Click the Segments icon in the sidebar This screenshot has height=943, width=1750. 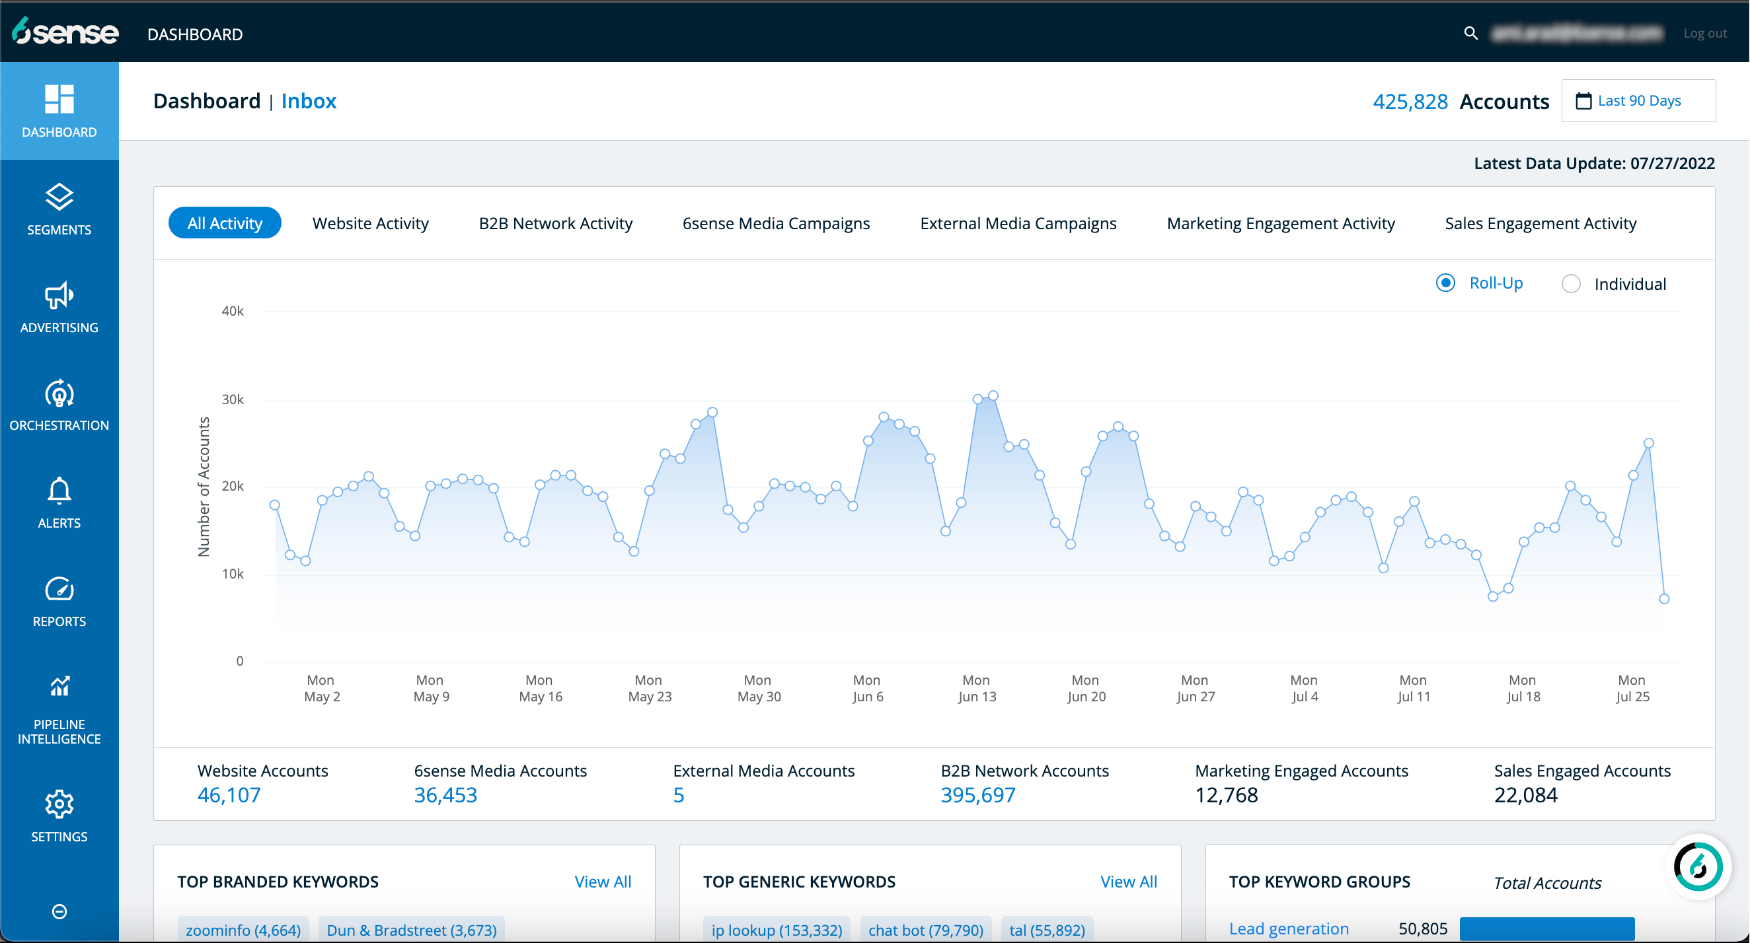coord(59,197)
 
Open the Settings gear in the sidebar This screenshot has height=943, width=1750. coord(59,804)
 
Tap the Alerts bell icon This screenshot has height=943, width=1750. coord(59,491)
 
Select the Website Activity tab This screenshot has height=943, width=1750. coord(370,223)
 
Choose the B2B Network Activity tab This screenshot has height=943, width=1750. coord(555,223)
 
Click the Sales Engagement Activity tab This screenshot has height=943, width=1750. coord(1540,223)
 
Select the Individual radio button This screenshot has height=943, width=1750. coord(1571,284)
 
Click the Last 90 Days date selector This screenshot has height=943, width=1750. coord(1638,101)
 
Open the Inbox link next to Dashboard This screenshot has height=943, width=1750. coord(309,101)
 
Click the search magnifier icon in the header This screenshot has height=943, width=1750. coord(1470,33)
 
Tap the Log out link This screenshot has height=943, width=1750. coord(1704,33)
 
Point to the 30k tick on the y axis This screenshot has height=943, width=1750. coord(233,400)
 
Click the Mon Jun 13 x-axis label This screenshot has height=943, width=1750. coord(976,688)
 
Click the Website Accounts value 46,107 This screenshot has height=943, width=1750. coord(229,795)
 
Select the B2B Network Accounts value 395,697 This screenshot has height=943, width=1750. coord(977,795)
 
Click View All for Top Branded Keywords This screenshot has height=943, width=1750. coord(603,882)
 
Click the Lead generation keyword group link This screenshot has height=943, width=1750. coord(1288,928)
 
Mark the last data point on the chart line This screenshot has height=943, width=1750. coord(1663,599)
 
